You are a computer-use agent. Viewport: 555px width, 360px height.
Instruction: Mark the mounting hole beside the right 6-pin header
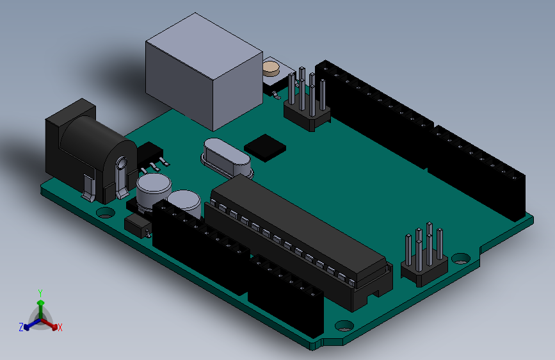tap(460, 259)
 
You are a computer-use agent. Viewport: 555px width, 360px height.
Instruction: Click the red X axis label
tap(60, 328)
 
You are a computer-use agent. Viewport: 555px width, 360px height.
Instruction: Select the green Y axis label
tap(40, 293)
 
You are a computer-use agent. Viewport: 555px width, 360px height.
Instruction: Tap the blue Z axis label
tap(21, 327)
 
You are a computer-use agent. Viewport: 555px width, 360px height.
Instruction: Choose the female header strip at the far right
tap(480, 167)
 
